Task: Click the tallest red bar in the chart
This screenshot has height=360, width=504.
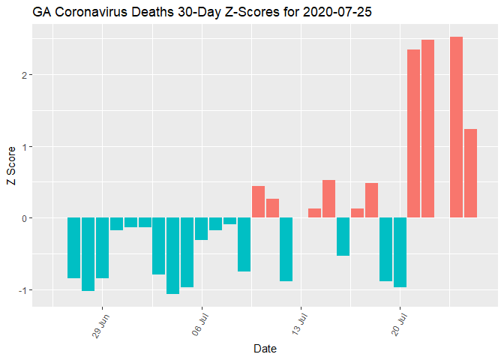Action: pyautogui.click(x=456, y=127)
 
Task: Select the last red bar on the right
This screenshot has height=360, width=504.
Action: pyautogui.click(x=470, y=173)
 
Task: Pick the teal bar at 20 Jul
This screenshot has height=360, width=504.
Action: pyautogui.click(x=400, y=253)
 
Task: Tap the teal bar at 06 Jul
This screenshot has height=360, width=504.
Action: pyautogui.click(x=201, y=229)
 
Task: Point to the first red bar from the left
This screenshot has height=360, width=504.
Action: pyautogui.click(x=258, y=202)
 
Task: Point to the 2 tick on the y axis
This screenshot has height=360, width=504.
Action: pyautogui.click(x=24, y=75)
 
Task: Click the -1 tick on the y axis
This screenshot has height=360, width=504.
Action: pyautogui.click(x=22, y=290)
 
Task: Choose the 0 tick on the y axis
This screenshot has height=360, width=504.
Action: pyautogui.click(x=24, y=218)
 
